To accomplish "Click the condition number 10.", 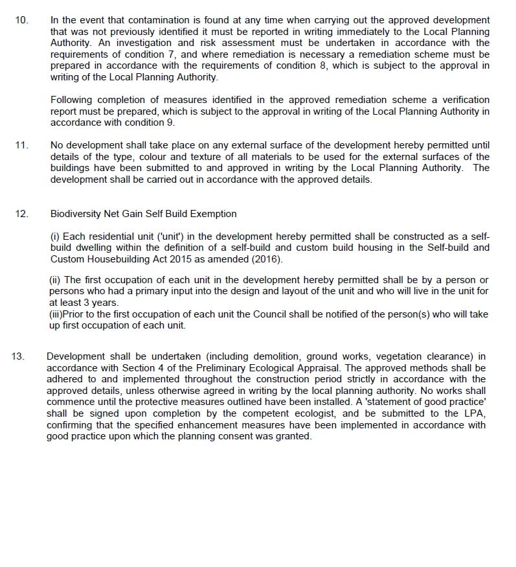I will [x=22, y=20].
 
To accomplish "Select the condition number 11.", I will [x=22, y=145].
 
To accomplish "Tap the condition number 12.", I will [x=22, y=213].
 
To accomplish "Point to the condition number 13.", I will [x=19, y=356].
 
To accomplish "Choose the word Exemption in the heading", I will [x=215, y=213].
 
